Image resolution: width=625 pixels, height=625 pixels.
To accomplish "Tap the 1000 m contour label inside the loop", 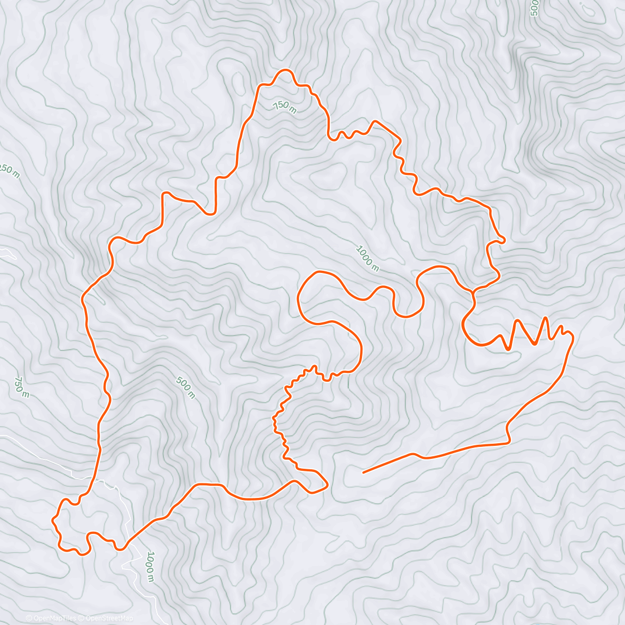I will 367,258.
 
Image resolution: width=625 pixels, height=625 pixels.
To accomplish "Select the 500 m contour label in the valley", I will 185,387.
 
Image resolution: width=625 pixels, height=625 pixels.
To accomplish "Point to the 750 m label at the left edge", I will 21,387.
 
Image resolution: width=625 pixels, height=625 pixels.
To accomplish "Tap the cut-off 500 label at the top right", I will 533,8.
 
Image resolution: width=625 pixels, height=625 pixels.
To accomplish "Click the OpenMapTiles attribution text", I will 51,618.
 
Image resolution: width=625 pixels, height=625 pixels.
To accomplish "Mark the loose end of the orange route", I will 363,472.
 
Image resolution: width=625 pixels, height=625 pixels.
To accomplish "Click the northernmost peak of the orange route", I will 284,70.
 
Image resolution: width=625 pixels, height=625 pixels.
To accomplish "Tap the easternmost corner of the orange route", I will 573,337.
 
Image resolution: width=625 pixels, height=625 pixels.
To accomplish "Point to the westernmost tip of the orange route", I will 53,519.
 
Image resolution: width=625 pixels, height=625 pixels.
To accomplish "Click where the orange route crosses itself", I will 473,294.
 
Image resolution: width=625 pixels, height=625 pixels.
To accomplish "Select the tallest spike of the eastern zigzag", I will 545,317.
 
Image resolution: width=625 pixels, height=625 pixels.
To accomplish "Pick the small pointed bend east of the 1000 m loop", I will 504,240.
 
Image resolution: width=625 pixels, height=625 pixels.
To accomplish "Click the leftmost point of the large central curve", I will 298,297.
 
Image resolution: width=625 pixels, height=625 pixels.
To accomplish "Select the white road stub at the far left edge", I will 7,254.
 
